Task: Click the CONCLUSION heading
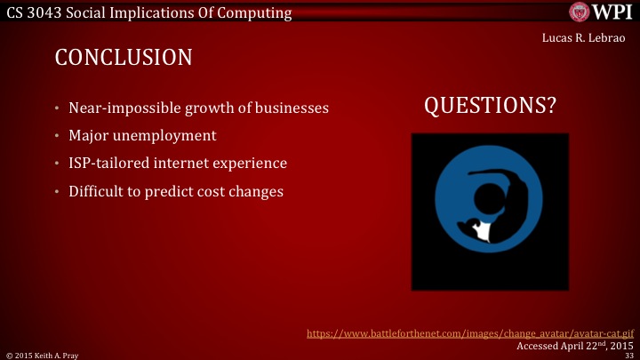pyautogui.click(x=124, y=58)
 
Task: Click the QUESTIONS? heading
pyautogui.click(x=490, y=106)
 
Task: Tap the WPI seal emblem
pyautogui.click(x=581, y=12)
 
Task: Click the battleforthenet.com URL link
pyautogui.click(x=468, y=333)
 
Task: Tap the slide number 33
pyautogui.click(x=628, y=354)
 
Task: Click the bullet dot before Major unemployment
pyautogui.click(x=57, y=137)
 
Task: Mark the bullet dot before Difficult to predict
pyautogui.click(x=57, y=192)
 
